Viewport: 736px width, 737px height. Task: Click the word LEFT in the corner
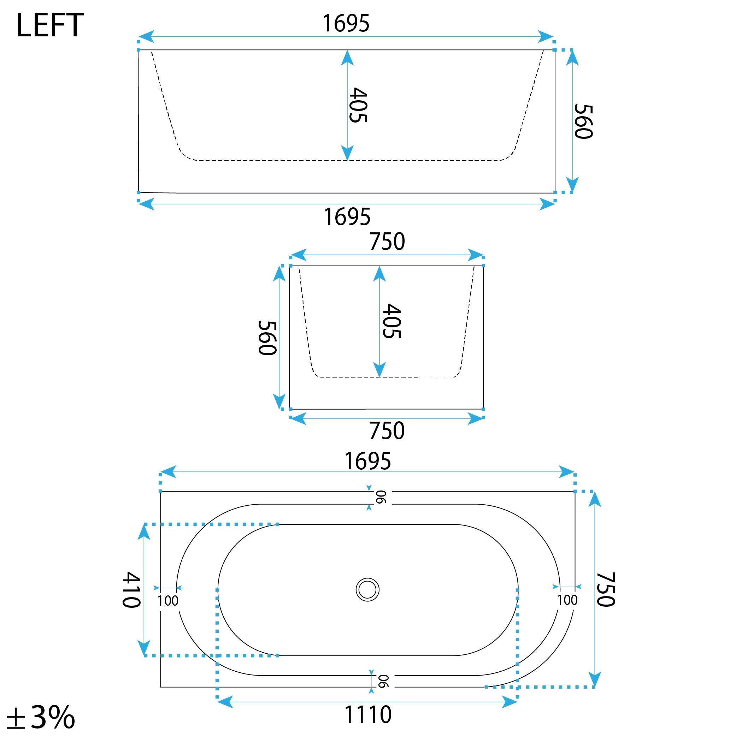[x=49, y=25]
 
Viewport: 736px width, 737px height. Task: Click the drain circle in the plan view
[x=367, y=589]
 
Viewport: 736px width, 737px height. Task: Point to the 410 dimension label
[x=132, y=589]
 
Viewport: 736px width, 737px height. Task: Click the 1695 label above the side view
[x=346, y=23]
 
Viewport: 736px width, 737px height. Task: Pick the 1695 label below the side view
[x=347, y=217]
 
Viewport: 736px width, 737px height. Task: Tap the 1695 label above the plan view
[x=367, y=461]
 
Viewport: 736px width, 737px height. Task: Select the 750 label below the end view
[x=386, y=431]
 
